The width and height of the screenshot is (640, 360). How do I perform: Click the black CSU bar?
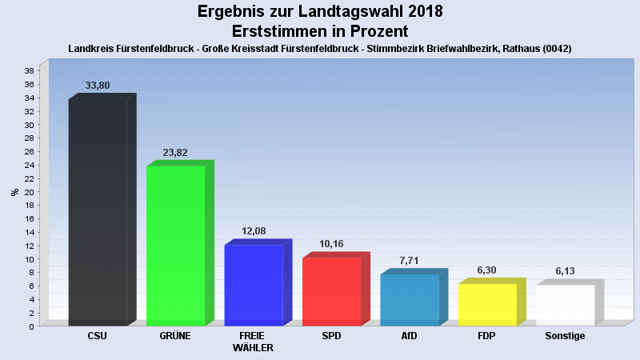coord(98,212)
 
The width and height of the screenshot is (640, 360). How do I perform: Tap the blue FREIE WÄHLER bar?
coord(253,285)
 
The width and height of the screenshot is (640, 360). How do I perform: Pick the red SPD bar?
coord(331,291)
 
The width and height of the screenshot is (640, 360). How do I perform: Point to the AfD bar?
coord(409,299)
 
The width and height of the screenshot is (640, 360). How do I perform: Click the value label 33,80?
coord(98,85)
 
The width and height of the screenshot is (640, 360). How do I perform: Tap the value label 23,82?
coord(175,152)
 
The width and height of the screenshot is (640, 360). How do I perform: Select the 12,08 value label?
coord(254,231)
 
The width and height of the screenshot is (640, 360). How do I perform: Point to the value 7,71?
coord(409,261)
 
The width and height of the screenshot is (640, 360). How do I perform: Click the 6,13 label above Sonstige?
coord(565,271)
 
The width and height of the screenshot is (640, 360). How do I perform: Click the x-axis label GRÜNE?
coord(175,336)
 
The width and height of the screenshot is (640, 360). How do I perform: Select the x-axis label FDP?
coord(487,336)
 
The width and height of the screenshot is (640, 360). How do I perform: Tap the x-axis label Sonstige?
coord(565,336)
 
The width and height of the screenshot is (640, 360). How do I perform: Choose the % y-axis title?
coord(14,192)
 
